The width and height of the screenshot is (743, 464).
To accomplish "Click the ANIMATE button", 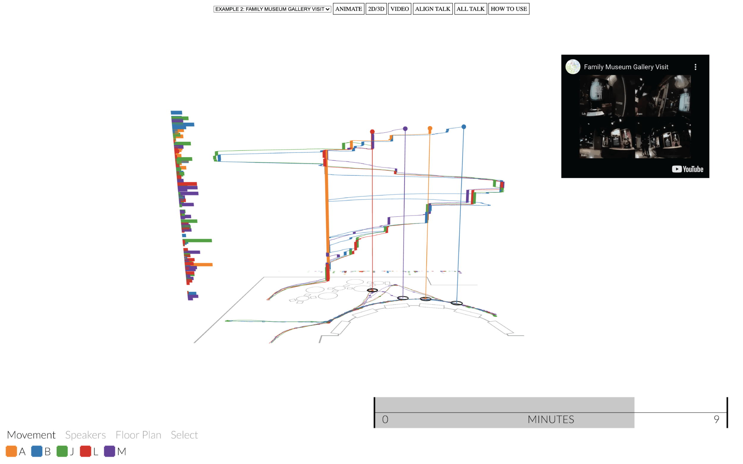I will tap(348, 9).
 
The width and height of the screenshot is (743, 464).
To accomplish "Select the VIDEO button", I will tap(399, 9).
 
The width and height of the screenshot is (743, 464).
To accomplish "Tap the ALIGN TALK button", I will tap(432, 9).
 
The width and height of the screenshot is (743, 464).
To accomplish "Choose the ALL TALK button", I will tap(470, 9).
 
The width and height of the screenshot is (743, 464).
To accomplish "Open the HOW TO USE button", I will tap(508, 9).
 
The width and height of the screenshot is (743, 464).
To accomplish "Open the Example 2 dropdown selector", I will tap(272, 9).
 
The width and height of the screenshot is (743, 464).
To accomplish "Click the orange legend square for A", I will tap(11, 451).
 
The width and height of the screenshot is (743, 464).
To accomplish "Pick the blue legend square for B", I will tap(37, 451).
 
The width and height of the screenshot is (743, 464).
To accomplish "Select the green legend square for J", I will tap(62, 451).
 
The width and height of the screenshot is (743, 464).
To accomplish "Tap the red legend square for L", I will tap(85, 451).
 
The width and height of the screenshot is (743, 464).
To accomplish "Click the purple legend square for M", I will tap(109, 451).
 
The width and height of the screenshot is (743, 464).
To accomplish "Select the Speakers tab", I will tap(85, 435).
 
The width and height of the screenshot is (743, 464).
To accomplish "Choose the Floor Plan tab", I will tap(138, 435).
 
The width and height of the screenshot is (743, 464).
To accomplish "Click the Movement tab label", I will tap(31, 435).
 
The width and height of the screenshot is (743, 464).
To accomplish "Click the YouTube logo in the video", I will tap(687, 169).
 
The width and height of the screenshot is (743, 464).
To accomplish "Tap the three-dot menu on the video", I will tap(695, 67).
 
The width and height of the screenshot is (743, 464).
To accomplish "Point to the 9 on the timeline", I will tap(716, 419).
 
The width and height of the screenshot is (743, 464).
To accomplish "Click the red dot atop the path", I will tap(372, 132).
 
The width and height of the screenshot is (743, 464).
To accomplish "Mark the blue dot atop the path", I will tap(464, 127).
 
